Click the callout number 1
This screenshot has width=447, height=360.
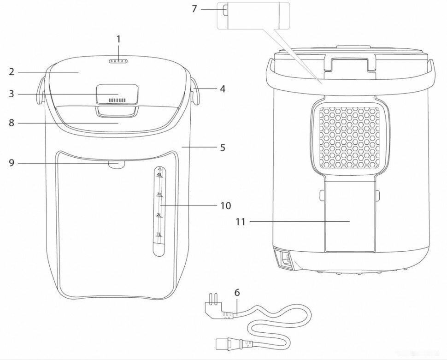pos(118,39)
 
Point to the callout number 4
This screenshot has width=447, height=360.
pos(223,89)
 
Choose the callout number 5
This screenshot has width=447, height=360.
pos(223,148)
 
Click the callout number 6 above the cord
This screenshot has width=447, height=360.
pos(237,292)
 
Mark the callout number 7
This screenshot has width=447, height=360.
pos(194,9)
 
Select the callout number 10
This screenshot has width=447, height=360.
pos(225,206)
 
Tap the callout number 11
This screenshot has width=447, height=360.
pos(240,222)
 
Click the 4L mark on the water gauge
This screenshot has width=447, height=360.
pos(159,175)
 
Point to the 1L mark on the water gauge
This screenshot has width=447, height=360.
pos(159,235)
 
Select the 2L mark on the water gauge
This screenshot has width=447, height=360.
pos(159,215)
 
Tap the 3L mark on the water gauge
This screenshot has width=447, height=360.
pos(159,195)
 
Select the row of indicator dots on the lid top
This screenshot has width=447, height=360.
pos(118,60)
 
